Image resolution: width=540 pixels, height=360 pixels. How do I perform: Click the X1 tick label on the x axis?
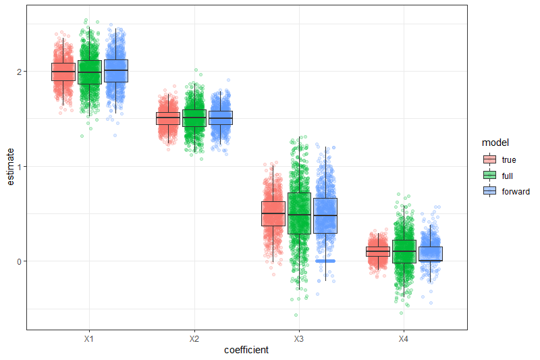pos(89,338)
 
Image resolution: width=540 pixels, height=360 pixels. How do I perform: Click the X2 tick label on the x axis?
pos(194,338)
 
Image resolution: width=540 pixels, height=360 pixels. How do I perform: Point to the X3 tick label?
pos(298,338)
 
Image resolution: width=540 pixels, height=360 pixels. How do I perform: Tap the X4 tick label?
pos(403,338)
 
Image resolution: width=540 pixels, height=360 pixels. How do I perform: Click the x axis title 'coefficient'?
pos(246,350)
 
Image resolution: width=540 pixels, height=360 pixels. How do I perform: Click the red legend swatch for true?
pos(490,159)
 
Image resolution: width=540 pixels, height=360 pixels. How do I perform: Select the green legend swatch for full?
pos(490,175)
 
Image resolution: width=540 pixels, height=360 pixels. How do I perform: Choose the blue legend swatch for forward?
pos(490,191)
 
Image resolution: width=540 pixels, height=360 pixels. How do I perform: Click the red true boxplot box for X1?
pos(63,72)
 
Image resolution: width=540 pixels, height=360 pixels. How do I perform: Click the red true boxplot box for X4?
pos(377,251)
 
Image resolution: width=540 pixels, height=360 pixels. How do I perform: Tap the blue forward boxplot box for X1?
pos(115,71)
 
